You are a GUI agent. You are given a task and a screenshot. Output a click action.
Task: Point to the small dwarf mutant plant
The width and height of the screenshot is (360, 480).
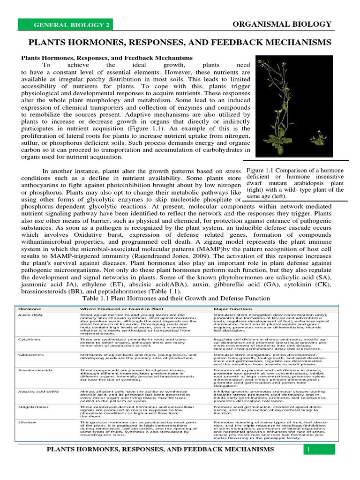coord(321,139)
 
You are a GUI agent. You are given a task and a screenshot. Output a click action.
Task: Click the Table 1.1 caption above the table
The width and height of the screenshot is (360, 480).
coord(176,298)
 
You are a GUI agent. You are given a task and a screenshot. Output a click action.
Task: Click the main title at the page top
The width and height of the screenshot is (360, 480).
coord(180,43)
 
